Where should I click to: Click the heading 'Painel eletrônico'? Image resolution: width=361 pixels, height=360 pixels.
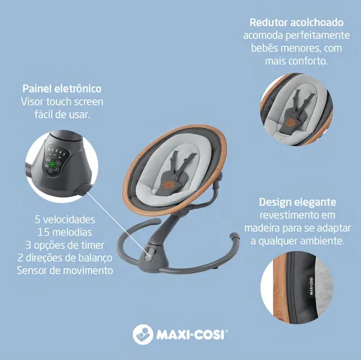[x=62, y=89]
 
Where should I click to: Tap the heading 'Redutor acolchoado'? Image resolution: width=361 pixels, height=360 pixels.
[x=297, y=22]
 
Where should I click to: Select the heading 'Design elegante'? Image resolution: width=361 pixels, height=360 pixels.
[x=297, y=202]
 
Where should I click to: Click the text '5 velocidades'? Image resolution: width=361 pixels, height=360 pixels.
[x=65, y=220]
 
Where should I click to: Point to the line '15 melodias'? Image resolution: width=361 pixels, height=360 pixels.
[x=65, y=232]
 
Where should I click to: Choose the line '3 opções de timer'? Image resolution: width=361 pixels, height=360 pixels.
[x=65, y=245]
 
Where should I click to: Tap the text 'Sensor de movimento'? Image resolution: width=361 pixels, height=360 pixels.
[x=65, y=270]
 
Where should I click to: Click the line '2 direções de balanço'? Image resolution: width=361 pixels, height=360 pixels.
[x=65, y=258]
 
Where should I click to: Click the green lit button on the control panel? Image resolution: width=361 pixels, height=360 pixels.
[x=52, y=165]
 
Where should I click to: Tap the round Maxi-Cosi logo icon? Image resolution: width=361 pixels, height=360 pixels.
[x=143, y=334]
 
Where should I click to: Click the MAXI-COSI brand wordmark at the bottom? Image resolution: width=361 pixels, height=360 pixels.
[x=192, y=335]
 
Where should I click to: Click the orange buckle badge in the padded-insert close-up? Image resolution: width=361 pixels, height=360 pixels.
[x=290, y=121]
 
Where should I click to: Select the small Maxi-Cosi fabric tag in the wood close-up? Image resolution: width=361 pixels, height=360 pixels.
[x=311, y=286]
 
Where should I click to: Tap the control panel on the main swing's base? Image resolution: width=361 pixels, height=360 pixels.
[x=149, y=254]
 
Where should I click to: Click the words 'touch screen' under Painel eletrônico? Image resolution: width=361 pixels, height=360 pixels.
[x=74, y=102]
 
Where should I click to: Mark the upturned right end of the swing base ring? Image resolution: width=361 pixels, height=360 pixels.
[x=234, y=236]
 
